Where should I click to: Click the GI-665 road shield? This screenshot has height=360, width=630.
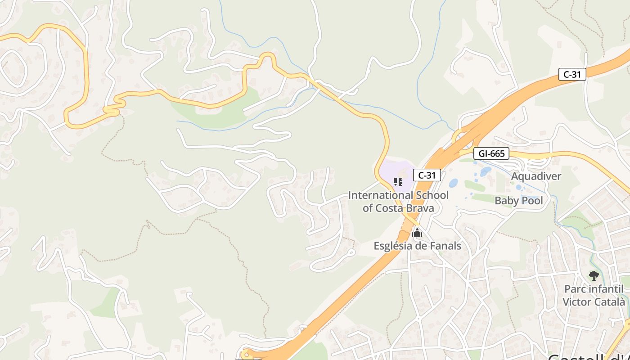(x=491, y=153)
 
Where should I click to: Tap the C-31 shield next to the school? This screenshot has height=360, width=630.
(x=426, y=175)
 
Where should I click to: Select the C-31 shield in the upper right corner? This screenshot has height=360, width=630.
(x=572, y=74)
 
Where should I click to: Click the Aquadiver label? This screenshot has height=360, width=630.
(x=536, y=176)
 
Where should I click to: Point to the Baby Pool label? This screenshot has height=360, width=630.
(x=519, y=201)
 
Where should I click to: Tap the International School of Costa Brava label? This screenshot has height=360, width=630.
(x=398, y=202)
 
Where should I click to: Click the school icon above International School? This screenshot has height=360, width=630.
(x=398, y=182)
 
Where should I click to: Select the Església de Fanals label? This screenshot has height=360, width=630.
(x=417, y=246)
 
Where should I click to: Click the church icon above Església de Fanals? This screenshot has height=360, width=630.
(x=417, y=233)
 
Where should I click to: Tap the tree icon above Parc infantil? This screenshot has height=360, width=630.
(x=594, y=275)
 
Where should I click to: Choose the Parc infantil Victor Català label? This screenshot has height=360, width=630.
(x=594, y=295)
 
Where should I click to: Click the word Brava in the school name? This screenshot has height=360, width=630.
(x=420, y=208)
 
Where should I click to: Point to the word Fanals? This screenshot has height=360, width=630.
(x=445, y=246)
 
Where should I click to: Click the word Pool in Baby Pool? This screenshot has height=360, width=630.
(x=531, y=201)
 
